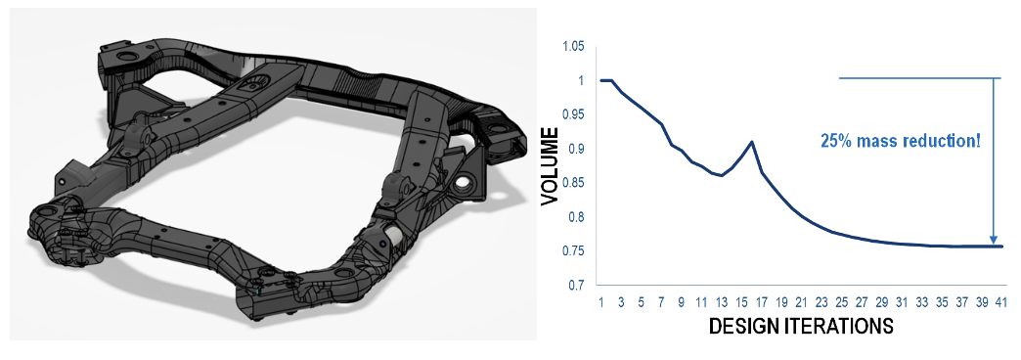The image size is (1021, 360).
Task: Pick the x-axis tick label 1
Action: (x=601, y=302)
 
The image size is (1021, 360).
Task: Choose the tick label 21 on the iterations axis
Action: (x=801, y=302)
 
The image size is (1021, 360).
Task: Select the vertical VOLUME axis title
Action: (x=550, y=166)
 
